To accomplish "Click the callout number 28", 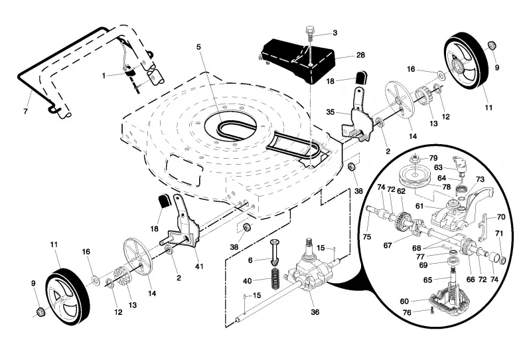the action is tap(360, 55).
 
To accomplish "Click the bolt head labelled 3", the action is tap(310, 31).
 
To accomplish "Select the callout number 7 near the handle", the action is tap(25, 111).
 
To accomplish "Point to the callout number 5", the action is tap(198, 46).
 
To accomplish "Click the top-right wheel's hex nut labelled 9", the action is tap(492, 45).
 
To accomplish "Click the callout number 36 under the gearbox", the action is tap(315, 312).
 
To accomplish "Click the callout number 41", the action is tap(200, 266).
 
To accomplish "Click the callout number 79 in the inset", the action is tap(433, 158).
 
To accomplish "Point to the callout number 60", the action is tap(404, 301).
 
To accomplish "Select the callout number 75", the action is tap(367, 236).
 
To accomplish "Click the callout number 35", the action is tap(330, 112).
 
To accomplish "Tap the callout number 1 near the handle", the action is tap(104, 76).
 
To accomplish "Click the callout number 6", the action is tap(250, 260).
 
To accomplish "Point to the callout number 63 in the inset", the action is tap(438, 167).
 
